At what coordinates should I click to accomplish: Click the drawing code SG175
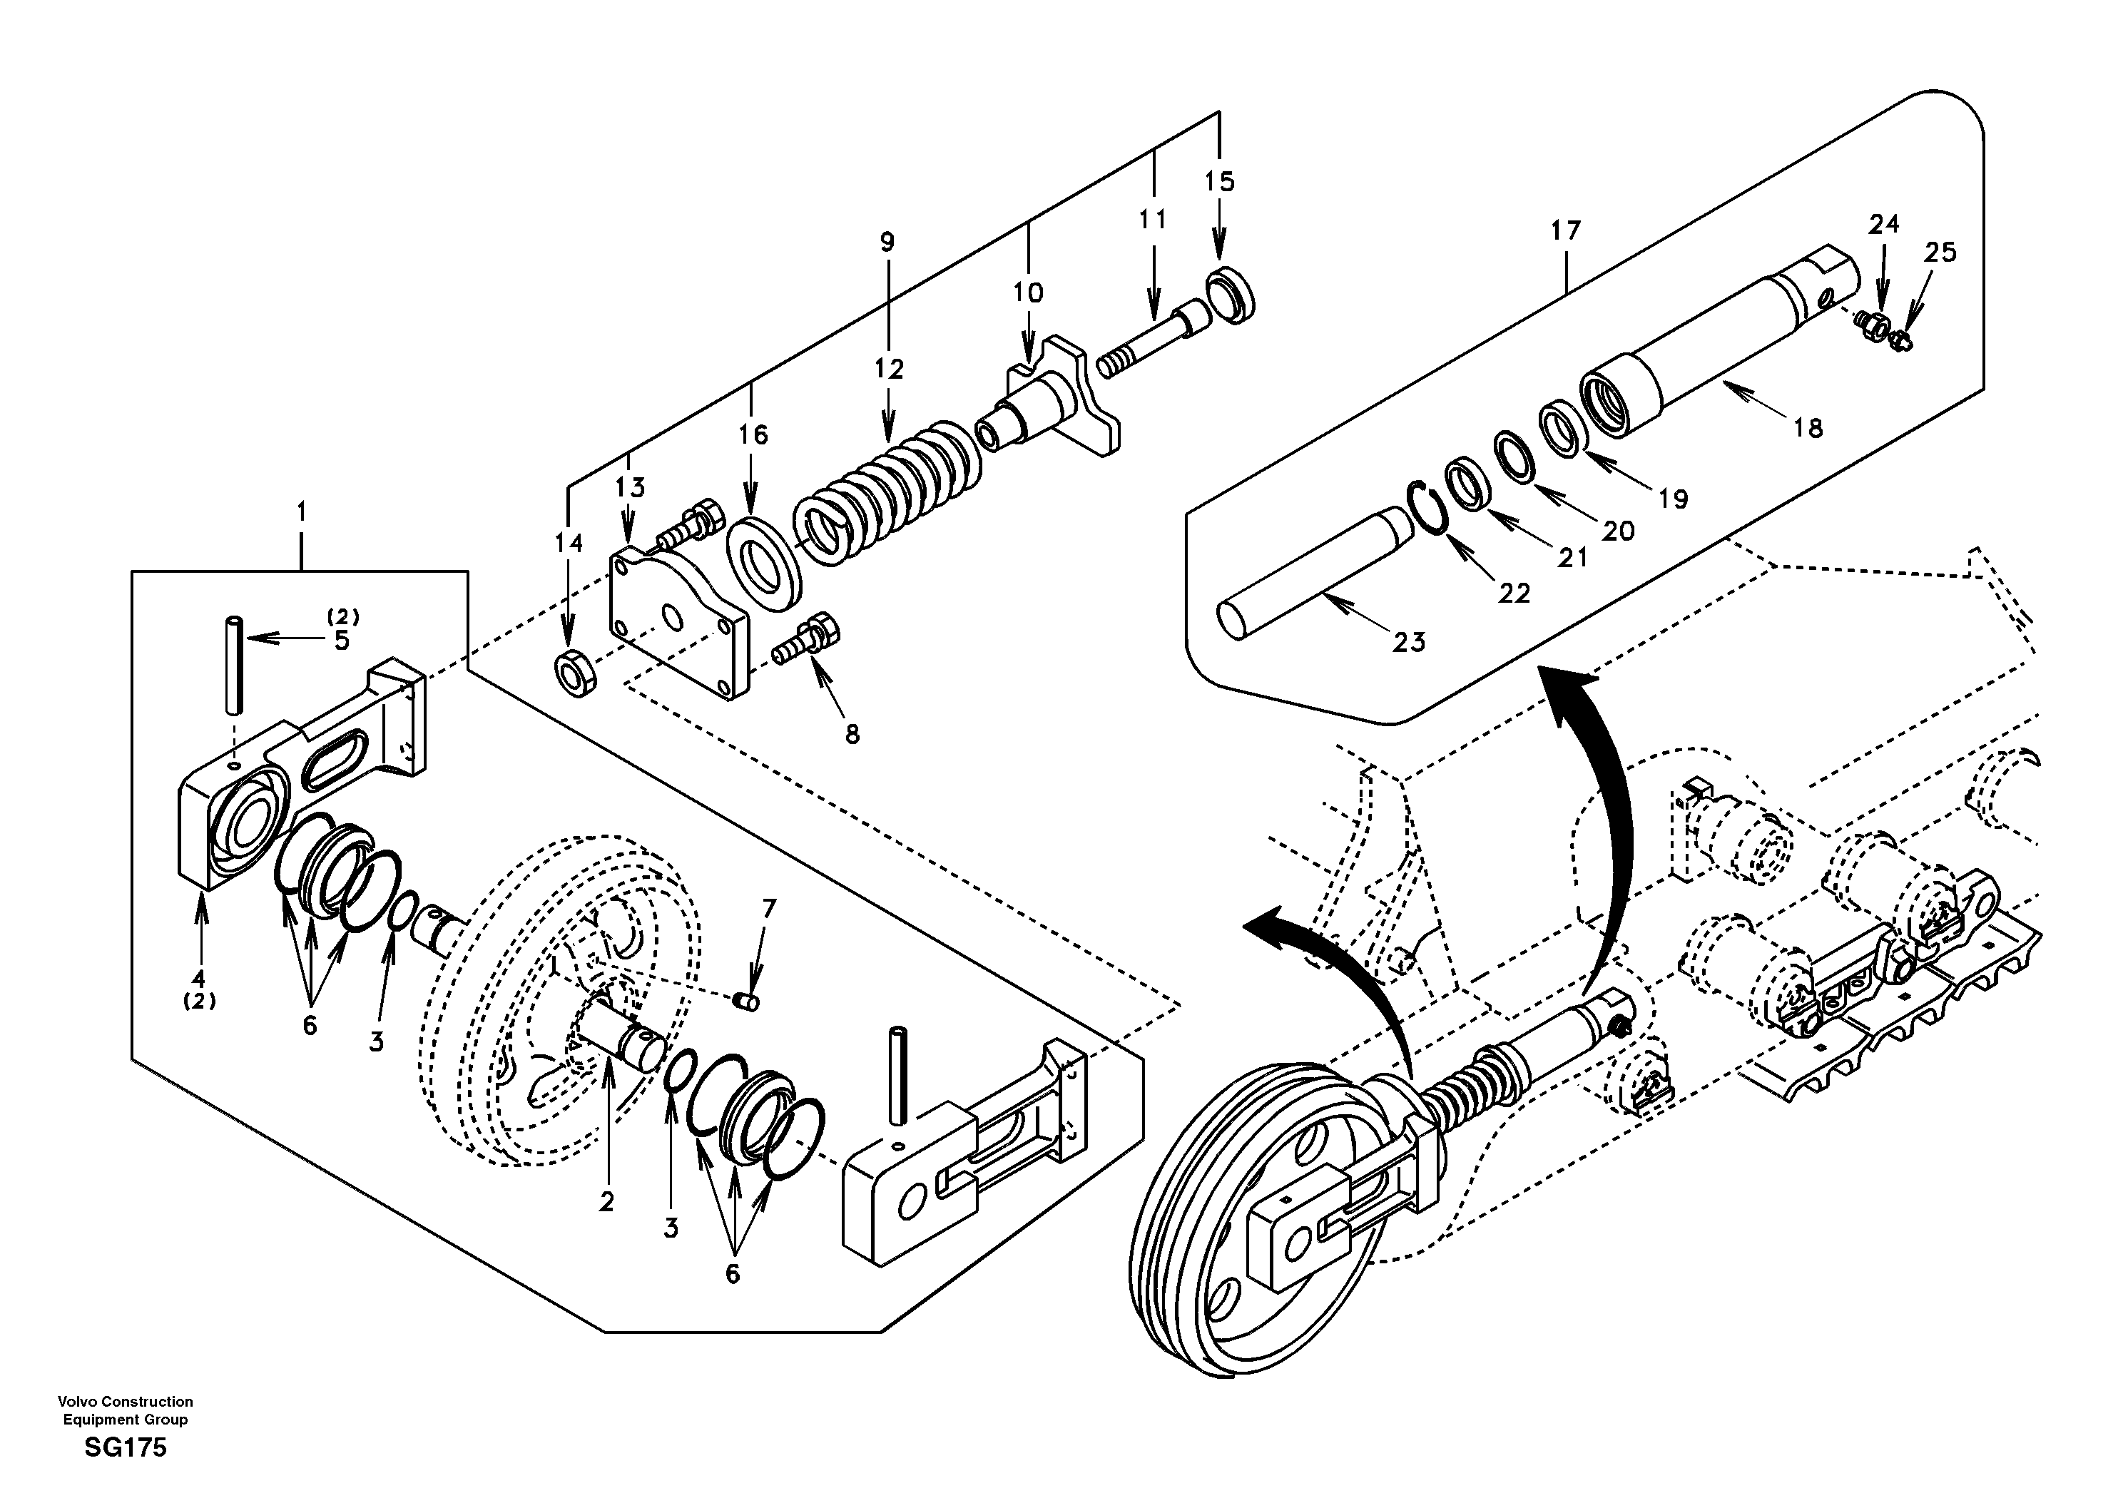coord(125,1448)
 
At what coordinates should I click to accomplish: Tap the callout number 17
coord(1565,230)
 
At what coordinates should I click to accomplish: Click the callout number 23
coord(1408,642)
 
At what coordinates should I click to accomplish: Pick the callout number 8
coord(852,734)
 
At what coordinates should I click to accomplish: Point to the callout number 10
coord(1027,293)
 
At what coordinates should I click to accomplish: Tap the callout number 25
coord(1940,253)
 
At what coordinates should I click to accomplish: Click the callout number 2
coord(606,1201)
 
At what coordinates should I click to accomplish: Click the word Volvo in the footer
coord(78,1402)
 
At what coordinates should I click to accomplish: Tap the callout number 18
coord(1808,428)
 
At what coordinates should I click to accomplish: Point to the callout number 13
coord(631,487)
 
